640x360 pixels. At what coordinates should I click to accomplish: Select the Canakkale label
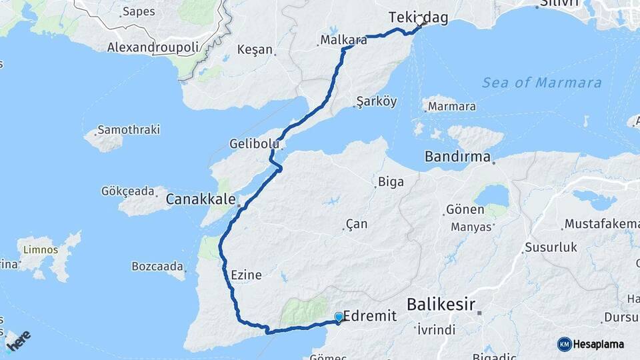click(201, 199)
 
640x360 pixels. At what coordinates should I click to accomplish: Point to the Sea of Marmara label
click(541, 83)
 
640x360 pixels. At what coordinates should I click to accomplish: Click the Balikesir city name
click(441, 305)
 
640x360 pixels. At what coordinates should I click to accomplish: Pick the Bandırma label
click(458, 157)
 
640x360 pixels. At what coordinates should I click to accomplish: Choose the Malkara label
click(344, 40)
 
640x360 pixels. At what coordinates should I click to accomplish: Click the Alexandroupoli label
click(153, 48)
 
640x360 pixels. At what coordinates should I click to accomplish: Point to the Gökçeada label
click(127, 191)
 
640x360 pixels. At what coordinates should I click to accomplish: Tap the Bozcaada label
click(157, 267)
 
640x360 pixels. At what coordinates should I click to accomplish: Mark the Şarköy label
click(377, 101)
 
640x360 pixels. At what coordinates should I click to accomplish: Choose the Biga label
click(391, 181)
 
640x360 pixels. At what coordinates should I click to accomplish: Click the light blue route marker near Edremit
click(339, 317)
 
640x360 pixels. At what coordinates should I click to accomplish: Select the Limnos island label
click(41, 250)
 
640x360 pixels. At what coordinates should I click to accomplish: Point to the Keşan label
click(255, 49)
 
